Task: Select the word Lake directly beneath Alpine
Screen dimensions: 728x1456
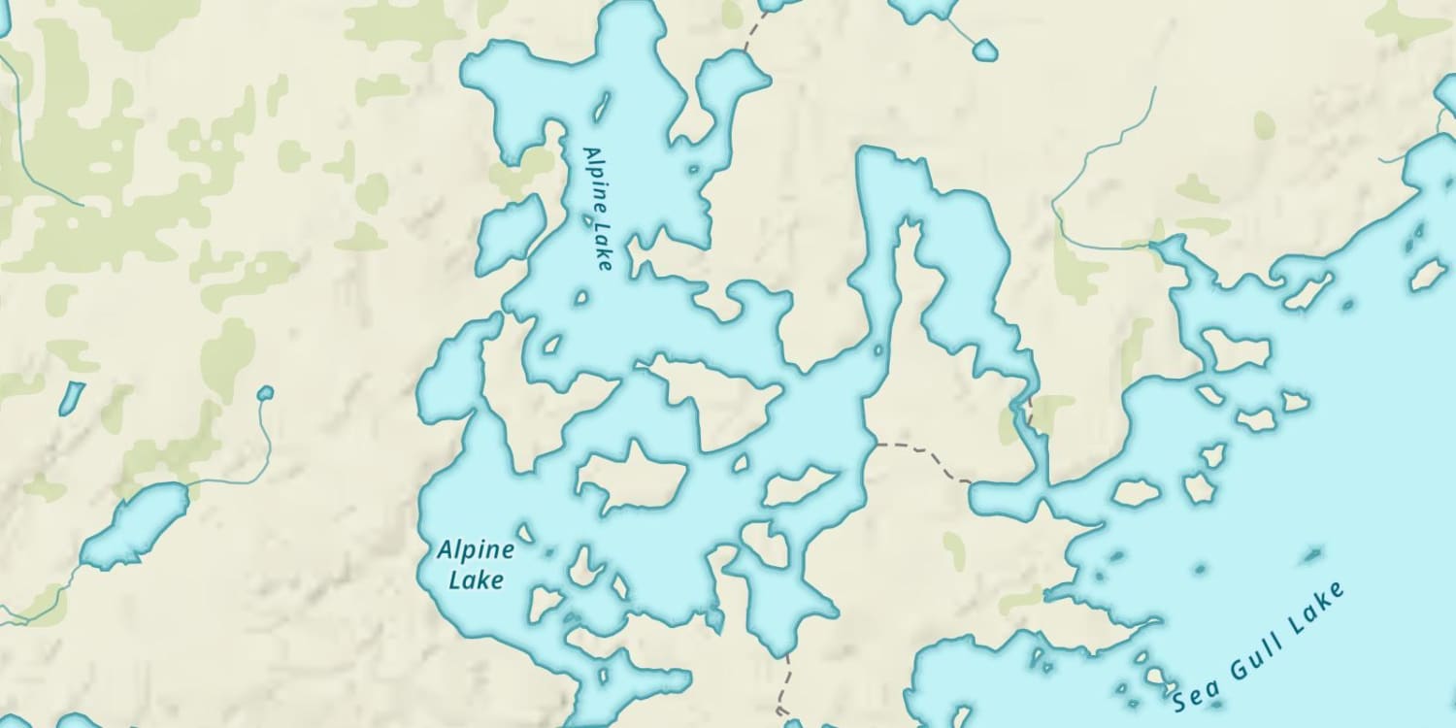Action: point(476,580)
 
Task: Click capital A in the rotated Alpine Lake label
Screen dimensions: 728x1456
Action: point(588,152)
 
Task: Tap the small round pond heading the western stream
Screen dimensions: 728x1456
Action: point(265,393)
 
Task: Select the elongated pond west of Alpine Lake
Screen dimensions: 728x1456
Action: point(136,526)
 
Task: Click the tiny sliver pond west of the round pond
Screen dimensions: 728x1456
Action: point(71,397)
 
